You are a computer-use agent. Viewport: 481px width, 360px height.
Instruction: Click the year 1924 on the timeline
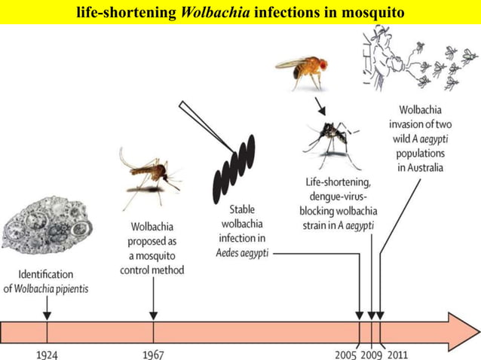(x=46, y=354)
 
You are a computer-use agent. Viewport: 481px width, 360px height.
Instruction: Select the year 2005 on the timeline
(x=346, y=354)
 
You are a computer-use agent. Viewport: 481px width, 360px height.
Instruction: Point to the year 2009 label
(x=370, y=354)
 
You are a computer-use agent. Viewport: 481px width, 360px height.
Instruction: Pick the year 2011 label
(x=397, y=354)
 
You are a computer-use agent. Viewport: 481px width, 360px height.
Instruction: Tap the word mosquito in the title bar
(x=369, y=13)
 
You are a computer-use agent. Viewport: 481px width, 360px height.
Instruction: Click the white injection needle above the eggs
(x=199, y=121)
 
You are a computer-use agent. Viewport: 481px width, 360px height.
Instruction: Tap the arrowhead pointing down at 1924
(x=47, y=314)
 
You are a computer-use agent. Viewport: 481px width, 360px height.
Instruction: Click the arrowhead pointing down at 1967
(x=154, y=314)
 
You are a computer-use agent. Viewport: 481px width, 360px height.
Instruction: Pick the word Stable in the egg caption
(x=241, y=210)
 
